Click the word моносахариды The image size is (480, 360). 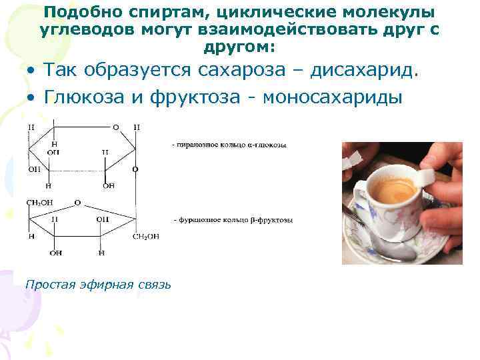(x=333, y=97)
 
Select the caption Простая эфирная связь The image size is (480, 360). (x=97, y=285)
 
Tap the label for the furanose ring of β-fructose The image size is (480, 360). (x=233, y=219)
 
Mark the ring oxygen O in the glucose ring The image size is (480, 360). (x=115, y=127)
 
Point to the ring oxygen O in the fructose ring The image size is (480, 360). (x=78, y=202)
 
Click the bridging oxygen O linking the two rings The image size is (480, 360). (x=136, y=169)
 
